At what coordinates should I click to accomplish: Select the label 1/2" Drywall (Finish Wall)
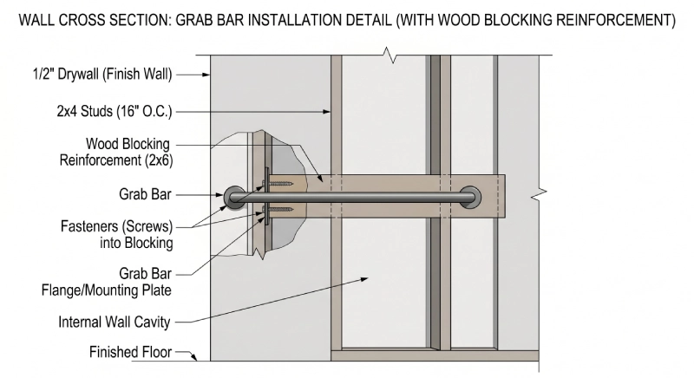pyautogui.click(x=99, y=75)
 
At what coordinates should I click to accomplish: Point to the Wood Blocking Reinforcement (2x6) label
pyautogui.click(x=115, y=152)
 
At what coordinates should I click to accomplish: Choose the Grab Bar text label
pyautogui.click(x=144, y=196)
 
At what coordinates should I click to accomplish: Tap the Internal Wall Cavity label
pyautogui.click(x=115, y=322)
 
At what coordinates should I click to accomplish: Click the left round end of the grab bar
pyautogui.click(x=233, y=198)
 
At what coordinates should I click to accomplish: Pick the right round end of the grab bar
pyautogui.click(x=471, y=198)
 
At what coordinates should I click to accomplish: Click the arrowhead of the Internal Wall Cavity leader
pyautogui.click(x=369, y=279)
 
